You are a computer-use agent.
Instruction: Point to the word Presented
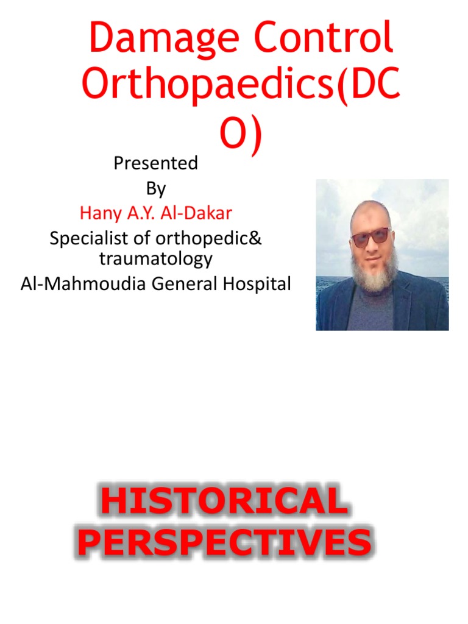(x=156, y=163)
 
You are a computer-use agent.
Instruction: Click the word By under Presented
(x=156, y=189)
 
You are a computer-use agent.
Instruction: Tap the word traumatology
(x=156, y=258)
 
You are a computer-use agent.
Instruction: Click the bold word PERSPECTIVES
(x=224, y=544)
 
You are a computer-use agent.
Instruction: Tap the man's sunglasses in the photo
(x=372, y=236)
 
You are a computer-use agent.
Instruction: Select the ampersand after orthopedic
(x=256, y=238)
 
